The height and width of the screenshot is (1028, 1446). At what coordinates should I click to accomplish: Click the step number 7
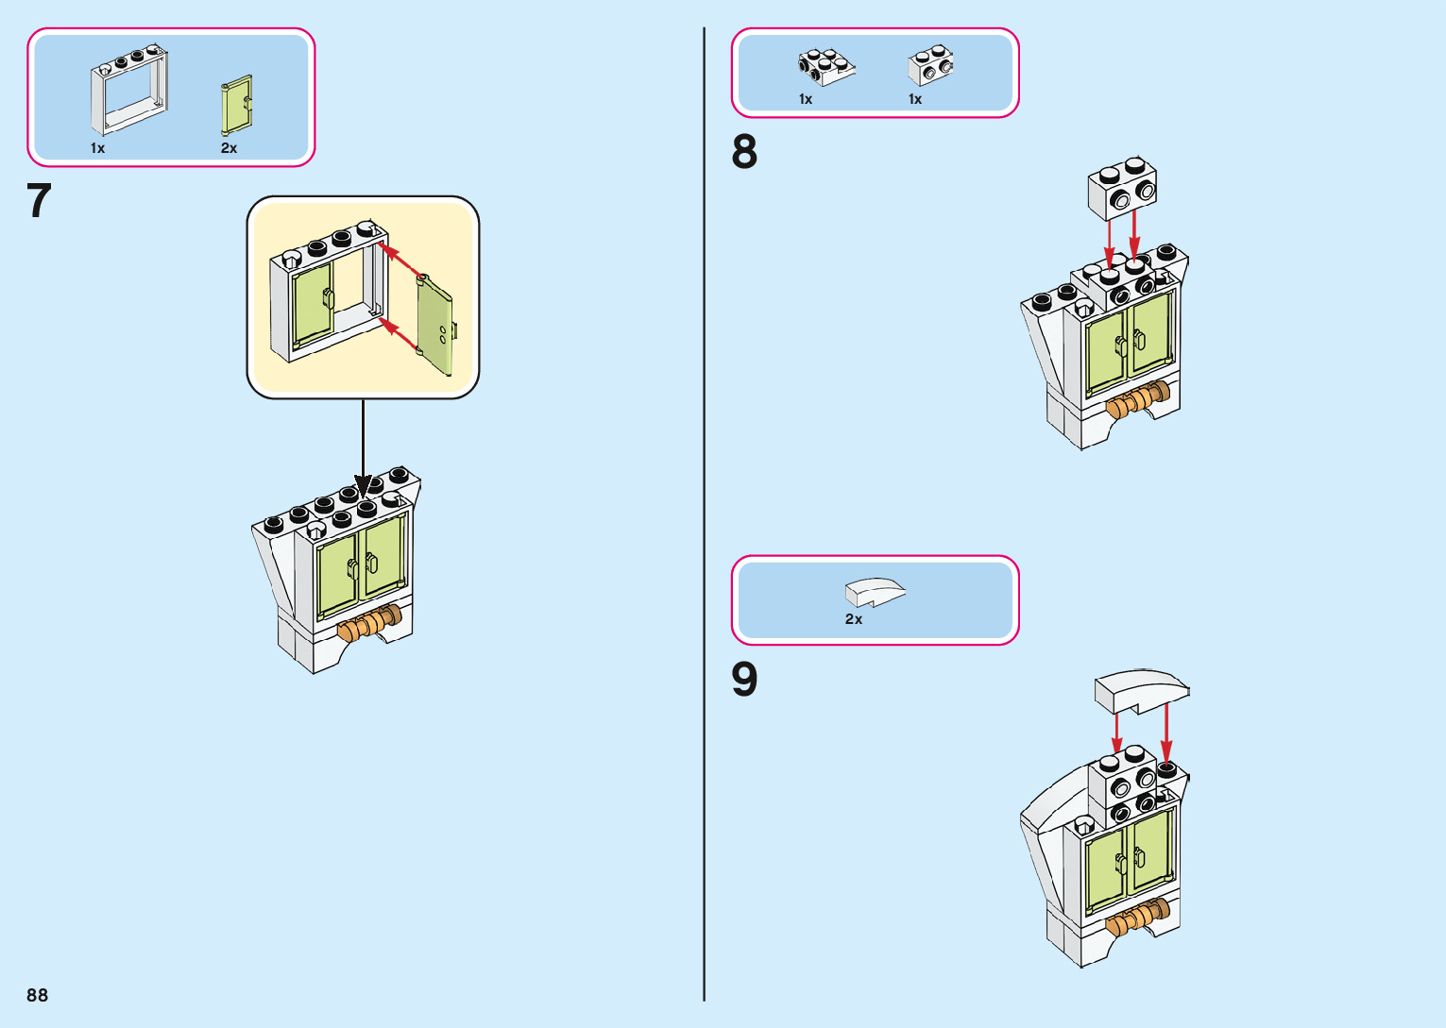(39, 201)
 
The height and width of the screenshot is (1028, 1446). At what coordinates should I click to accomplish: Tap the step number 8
(744, 152)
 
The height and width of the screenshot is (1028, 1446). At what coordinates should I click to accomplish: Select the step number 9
(744, 679)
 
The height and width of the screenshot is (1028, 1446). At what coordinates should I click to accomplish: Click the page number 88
(38, 995)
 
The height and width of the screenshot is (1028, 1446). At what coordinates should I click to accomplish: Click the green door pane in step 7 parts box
(237, 106)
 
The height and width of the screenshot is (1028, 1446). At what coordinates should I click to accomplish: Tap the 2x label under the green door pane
(230, 148)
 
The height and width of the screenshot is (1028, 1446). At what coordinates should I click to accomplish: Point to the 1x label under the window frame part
(98, 148)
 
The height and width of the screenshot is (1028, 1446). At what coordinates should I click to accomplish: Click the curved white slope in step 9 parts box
(875, 593)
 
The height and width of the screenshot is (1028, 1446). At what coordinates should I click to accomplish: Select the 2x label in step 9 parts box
(854, 619)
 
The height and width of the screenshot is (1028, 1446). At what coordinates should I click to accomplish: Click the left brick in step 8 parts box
(825, 67)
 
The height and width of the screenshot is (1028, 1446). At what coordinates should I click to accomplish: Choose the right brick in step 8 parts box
(931, 65)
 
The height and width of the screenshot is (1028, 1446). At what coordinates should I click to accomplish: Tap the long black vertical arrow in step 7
(363, 444)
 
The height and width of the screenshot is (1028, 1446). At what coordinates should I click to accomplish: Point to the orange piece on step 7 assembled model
(369, 623)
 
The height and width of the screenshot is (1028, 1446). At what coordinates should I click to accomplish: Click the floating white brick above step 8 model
(1122, 188)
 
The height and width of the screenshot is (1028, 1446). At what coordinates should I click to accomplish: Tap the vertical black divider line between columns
(705, 514)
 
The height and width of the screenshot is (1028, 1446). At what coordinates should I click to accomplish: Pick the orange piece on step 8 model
(1139, 399)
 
